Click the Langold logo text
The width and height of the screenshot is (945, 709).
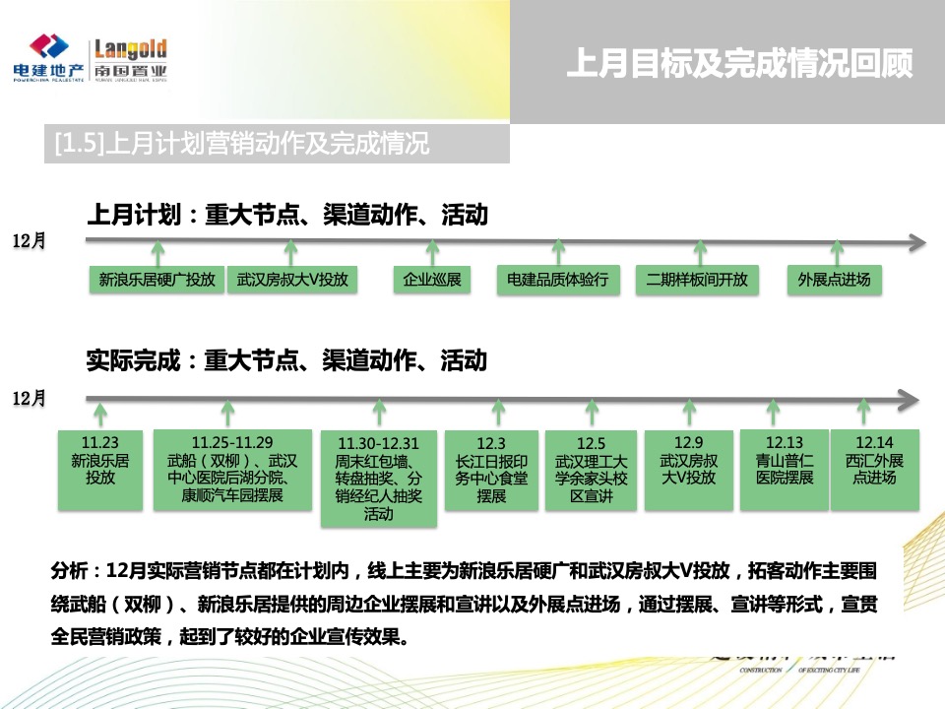130,50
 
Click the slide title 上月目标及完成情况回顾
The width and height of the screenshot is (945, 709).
739,64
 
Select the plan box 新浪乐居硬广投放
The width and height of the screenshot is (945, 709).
157,280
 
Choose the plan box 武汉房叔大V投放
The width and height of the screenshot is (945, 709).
292,280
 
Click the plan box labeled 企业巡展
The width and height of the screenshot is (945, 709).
432,280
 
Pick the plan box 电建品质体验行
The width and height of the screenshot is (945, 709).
558,280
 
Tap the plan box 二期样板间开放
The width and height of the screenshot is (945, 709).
697,280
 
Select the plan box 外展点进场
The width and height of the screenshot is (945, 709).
835,280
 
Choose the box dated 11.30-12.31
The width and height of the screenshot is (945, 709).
378,479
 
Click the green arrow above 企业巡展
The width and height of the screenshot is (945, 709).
432,250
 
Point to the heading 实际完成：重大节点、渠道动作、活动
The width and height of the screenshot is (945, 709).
286,360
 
